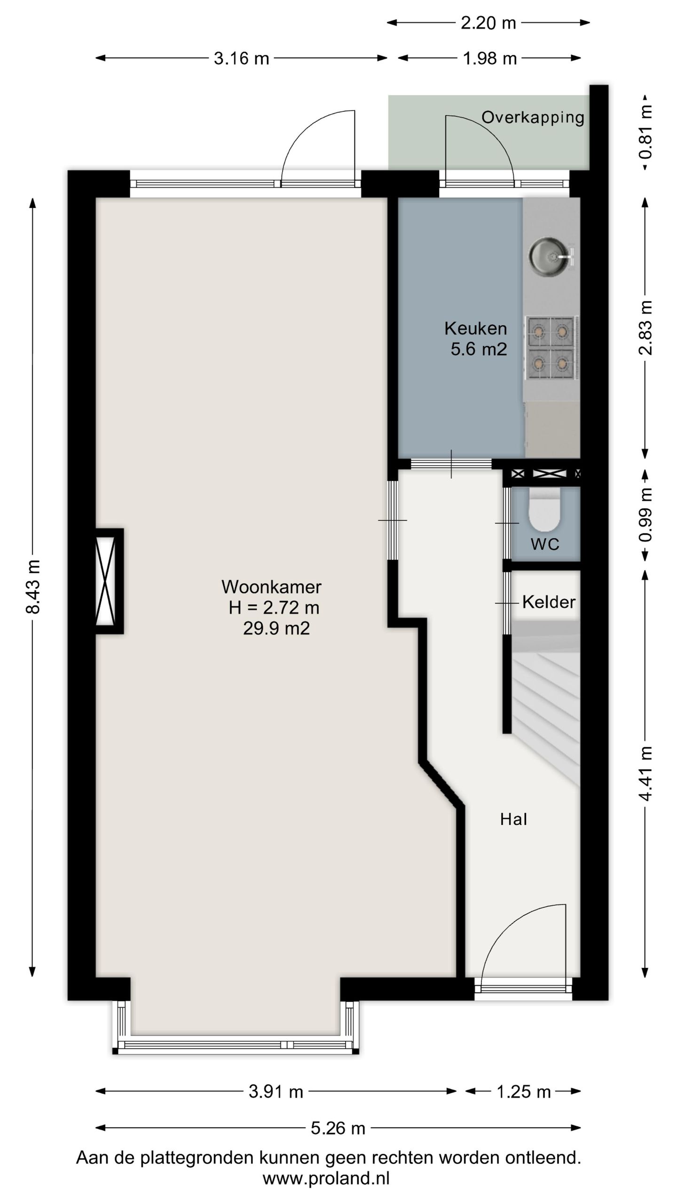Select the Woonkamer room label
point(271,587)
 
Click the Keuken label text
point(475,328)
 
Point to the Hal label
point(513,819)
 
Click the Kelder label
point(549,602)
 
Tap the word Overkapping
point(533,117)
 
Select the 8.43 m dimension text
point(33,586)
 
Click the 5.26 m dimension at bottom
point(338,1128)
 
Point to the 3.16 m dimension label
point(241,58)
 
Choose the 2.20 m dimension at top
point(488,23)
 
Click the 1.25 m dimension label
point(523,1092)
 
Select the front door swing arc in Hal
point(522,936)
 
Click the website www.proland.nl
point(326,1178)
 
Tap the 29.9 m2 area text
point(276,628)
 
